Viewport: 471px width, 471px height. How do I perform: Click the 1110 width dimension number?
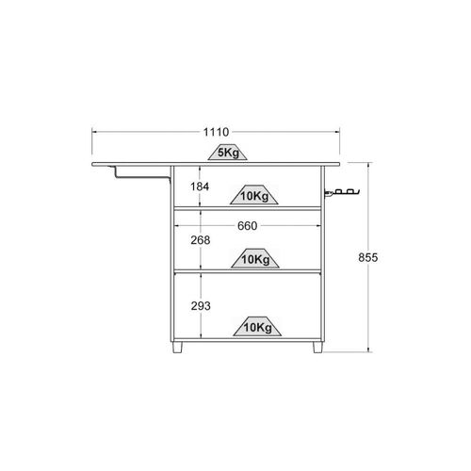(x=216, y=132)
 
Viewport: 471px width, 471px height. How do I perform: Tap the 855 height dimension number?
(x=368, y=257)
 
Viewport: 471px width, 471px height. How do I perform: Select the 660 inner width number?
(x=248, y=226)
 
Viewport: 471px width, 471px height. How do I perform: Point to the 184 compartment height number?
(x=200, y=187)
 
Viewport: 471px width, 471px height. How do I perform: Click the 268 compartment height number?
(x=201, y=240)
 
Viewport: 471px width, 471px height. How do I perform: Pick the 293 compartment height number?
(x=201, y=306)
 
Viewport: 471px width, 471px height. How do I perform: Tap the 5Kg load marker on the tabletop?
(x=228, y=152)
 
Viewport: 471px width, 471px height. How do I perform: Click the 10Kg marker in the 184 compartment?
(x=254, y=195)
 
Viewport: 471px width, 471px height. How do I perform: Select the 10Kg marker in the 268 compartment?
(x=255, y=258)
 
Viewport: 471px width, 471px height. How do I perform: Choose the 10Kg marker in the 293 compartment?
(x=257, y=326)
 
